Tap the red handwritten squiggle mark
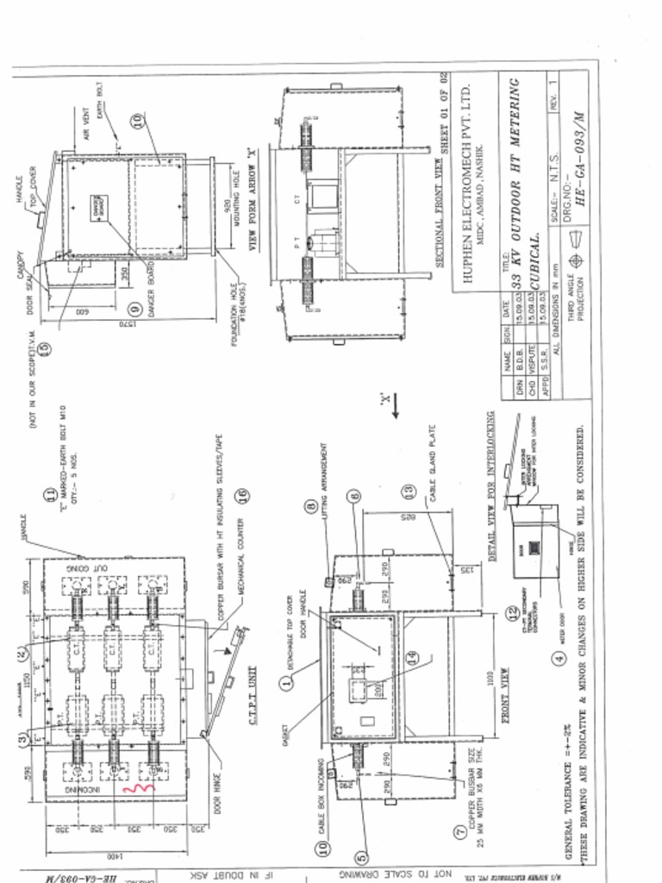click(134, 783)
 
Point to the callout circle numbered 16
click(242, 494)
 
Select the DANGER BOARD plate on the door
click(100, 208)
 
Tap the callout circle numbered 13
click(408, 491)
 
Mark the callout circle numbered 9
click(134, 308)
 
